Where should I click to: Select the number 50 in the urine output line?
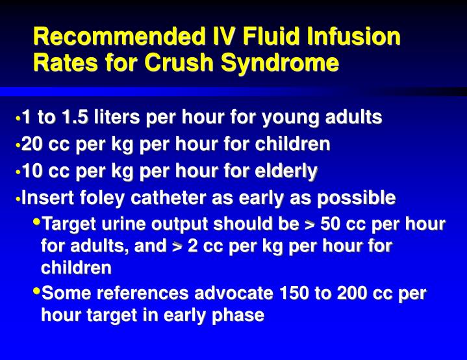[x=333, y=225]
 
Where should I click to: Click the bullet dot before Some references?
[x=36, y=292]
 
